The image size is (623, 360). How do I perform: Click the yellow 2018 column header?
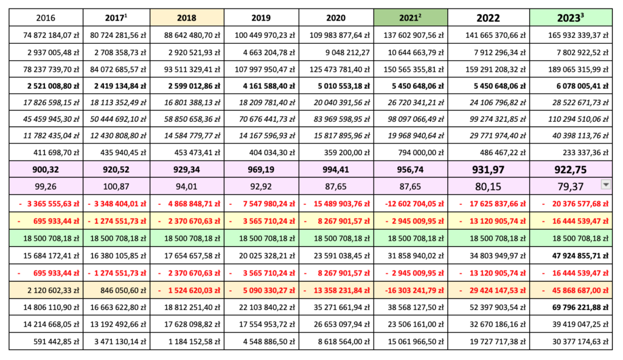[x=187, y=18]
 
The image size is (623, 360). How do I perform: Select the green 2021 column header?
[x=411, y=18]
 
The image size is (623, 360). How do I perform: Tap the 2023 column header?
[x=571, y=18]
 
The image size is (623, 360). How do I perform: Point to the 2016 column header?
[x=46, y=18]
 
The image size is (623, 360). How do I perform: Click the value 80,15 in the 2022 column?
[x=488, y=187]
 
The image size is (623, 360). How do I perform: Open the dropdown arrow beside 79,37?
[x=606, y=184]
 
